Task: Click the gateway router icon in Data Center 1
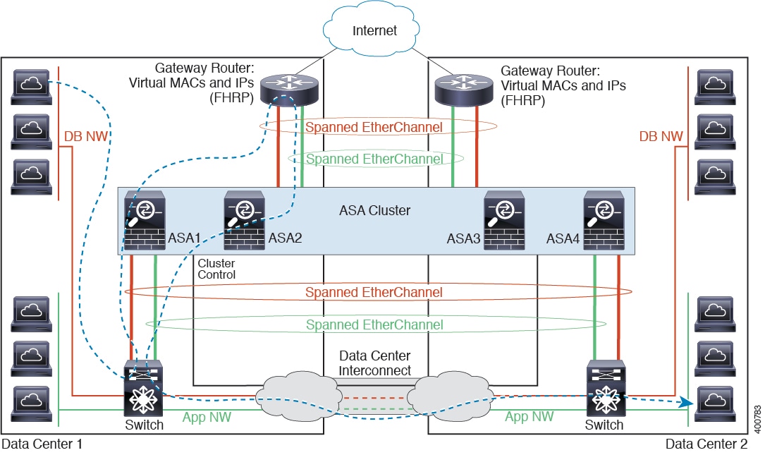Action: click(x=289, y=87)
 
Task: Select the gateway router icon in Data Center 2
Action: click(x=463, y=87)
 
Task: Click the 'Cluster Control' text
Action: click(x=216, y=268)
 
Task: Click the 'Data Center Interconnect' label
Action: click(x=374, y=363)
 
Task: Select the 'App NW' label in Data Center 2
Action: click(x=528, y=417)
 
